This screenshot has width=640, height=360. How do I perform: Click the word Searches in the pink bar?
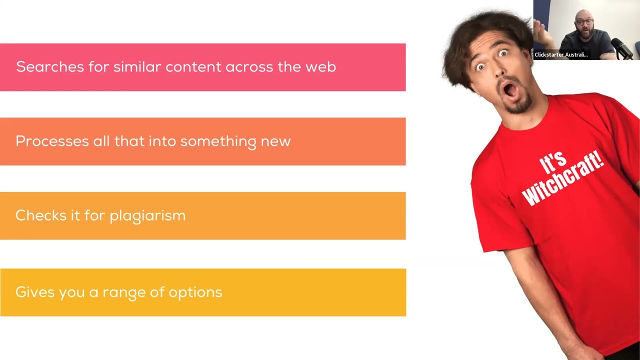[x=50, y=67]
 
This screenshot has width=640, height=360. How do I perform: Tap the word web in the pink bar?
[x=320, y=67]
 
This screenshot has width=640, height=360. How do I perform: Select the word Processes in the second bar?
[x=52, y=141]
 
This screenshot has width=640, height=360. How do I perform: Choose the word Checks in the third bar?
[x=40, y=215]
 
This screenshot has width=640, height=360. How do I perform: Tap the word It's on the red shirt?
[x=553, y=162]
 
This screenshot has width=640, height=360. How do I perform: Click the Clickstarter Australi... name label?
[x=561, y=54]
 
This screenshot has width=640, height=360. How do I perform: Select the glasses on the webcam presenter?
[x=584, y=22]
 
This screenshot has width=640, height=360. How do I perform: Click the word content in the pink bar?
[x=193, y=67]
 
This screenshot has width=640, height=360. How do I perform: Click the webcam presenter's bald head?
[x=583, y=15]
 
